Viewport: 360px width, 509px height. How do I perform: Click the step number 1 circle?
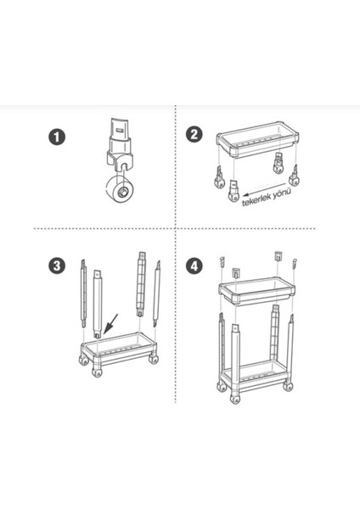tap(57, 137)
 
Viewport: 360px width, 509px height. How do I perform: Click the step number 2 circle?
tap(194, 134)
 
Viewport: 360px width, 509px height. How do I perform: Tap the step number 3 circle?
tap(57, 266)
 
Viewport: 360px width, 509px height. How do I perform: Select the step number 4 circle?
tap(194, 266)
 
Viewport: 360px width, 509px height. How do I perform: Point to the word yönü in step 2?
tap(282, 193)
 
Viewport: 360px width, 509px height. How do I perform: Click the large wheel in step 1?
tap(120, 189)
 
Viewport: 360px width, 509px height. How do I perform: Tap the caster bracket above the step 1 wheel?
tap(120, 143)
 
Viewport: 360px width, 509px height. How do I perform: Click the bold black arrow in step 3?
tap(110, 324)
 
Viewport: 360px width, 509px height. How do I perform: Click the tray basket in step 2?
tap(258, 140)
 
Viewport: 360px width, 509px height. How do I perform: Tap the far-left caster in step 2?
tap(219, 177)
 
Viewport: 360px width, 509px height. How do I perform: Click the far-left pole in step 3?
tap(83, 294)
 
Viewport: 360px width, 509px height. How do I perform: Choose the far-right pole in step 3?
tap(157, 294)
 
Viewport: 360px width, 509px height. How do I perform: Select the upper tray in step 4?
tap(257, 291)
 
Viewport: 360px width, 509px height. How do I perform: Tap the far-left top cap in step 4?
tap(222, 261)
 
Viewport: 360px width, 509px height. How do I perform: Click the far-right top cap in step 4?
tap(295, 263)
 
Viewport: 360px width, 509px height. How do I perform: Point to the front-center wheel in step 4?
tap(234, 399)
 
